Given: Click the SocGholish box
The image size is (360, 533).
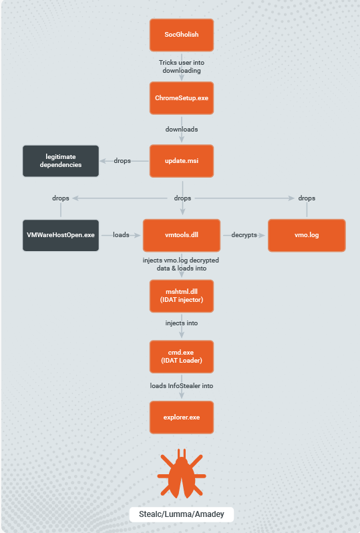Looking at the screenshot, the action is (x=182, y=35).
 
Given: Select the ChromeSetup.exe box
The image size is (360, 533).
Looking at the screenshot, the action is (x=182, y=98).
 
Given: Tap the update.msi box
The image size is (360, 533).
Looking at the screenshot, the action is (x=182, y=161).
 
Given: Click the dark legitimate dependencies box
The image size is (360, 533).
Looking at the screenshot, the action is (x=61, y=161).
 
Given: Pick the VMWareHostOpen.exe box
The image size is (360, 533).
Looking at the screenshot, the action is (x=61, y=235).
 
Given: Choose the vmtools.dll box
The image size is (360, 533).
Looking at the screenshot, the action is (x=182, y=235).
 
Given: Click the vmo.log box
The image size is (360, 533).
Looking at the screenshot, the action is (x=307, y=235).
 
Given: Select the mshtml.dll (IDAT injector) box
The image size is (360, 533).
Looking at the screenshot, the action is (x=182, y=296).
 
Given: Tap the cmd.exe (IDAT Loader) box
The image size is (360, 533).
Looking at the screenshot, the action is (x=182, y=357).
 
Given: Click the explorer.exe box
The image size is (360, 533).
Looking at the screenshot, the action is (x=182, y=417).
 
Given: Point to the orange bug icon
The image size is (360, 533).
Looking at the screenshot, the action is (x=182, y=474).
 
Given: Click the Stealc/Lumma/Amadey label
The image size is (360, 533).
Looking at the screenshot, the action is (x=182, y=514).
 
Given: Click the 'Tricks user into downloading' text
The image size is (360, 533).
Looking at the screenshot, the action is (x=182, y=67).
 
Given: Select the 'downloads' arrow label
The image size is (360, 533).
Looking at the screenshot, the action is (x=182, y=130).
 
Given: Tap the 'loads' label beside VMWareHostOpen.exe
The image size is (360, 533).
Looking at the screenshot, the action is (x=121, y=235).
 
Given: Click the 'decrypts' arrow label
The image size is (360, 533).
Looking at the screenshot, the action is (x=244, y=235).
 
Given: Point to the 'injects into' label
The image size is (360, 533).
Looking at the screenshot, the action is (x=182, y=323).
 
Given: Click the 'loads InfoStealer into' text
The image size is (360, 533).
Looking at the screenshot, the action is (x=182, y=386).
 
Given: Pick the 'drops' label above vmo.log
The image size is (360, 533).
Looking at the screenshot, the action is (x=307, y=198).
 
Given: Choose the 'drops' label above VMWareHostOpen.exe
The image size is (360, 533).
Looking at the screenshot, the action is (x=61, y=198).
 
